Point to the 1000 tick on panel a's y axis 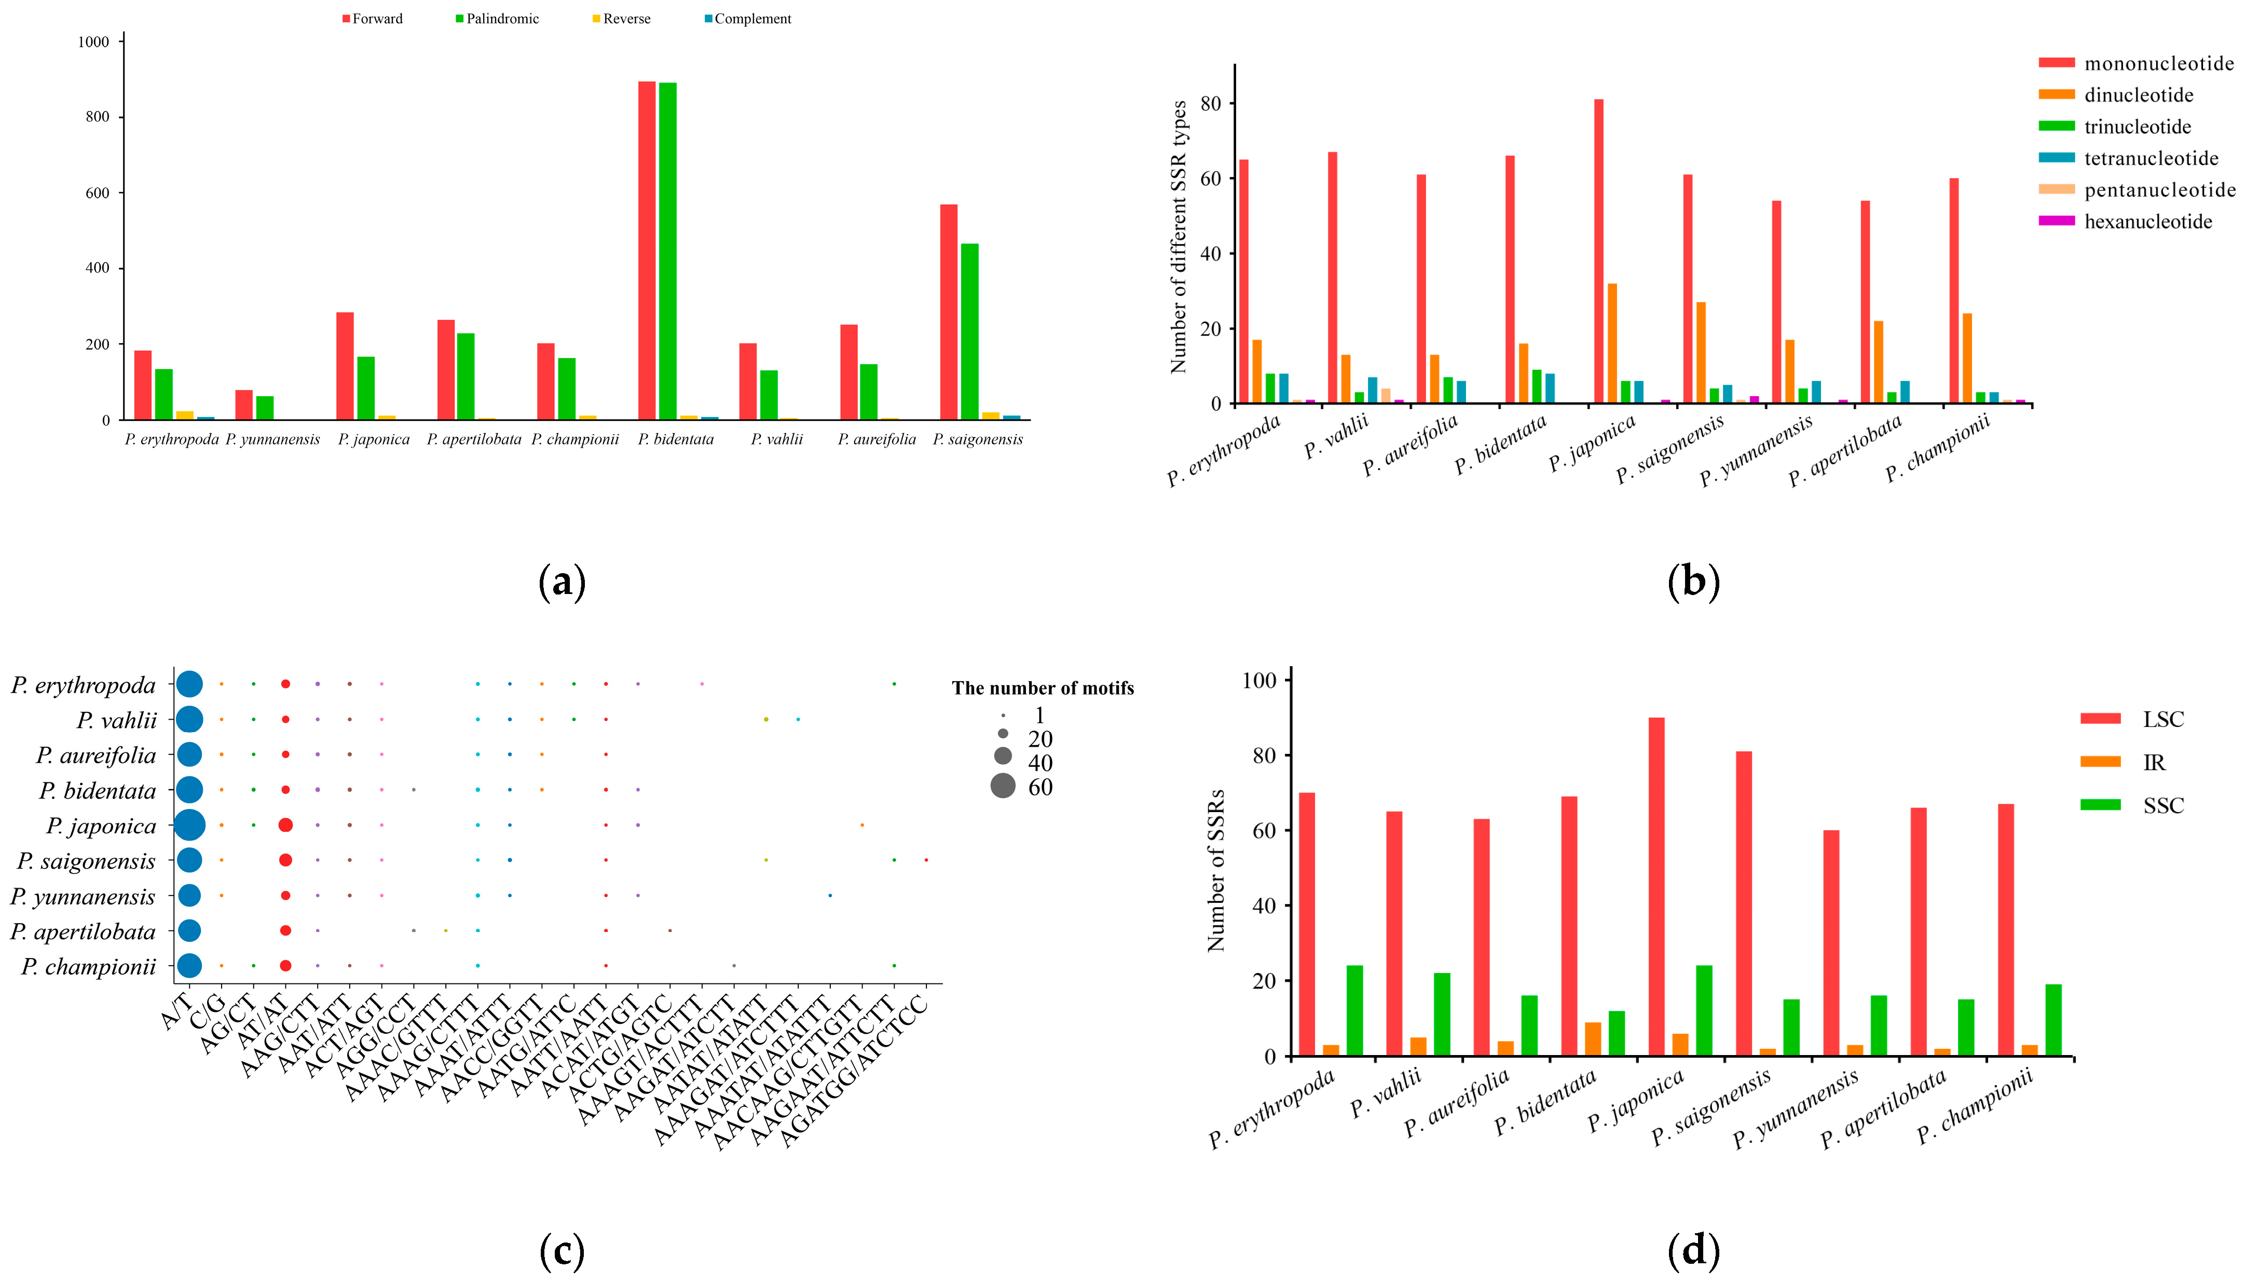[93, 42]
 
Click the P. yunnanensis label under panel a [272, 439]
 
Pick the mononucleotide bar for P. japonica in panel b [1598, 251]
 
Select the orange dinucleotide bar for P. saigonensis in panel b [1701, 353]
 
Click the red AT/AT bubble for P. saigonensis [285, 860]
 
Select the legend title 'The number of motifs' [1042, 688]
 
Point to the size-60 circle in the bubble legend [1002, 786]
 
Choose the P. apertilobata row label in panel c [83, 931]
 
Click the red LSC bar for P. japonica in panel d [1656, 886]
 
